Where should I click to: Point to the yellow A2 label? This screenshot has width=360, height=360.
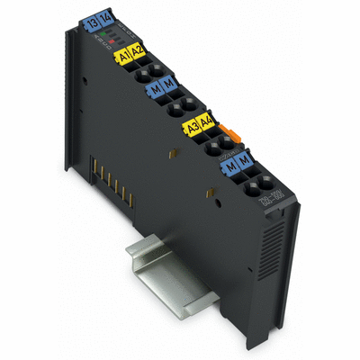tap(138, 51)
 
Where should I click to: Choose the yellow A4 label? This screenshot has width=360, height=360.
tap(206, 122)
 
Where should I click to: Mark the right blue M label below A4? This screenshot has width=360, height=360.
tap(243, 162)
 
